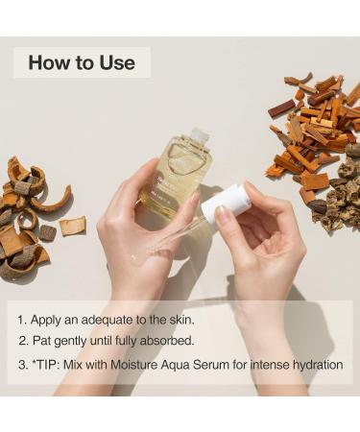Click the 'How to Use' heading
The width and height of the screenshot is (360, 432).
tap(82, 63)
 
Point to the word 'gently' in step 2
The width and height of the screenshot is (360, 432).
tap(75, 342)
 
